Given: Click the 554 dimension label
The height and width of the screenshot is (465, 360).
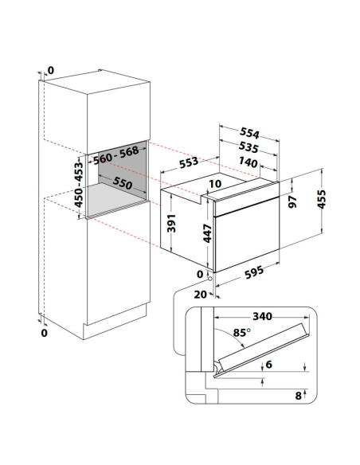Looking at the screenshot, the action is [x=249, y=133].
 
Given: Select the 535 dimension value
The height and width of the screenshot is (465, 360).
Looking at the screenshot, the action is [x=248, y=147].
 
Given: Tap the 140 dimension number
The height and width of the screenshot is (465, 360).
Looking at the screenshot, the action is [x=248, y=162].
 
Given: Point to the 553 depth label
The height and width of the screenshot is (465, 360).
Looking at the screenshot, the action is [x=189, y=162].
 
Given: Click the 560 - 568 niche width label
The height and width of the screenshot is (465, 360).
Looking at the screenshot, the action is [x=116, y=154].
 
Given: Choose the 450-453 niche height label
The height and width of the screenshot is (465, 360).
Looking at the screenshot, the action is [x=79, y=185].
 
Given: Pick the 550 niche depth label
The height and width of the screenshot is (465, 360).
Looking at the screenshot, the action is [x=122, y=182].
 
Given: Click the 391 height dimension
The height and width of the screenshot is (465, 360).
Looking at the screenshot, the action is [x=171, y=223].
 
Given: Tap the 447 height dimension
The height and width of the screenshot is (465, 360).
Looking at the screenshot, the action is [x=207, y=233].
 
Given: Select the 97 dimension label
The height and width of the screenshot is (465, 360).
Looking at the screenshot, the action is [x=292, y=201].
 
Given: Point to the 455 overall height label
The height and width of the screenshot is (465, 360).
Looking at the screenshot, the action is [x=322, y=199].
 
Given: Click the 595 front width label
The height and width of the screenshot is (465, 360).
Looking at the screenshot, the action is [x=254, y=272].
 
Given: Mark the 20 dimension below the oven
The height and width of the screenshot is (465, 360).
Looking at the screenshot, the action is [x=201, y=294].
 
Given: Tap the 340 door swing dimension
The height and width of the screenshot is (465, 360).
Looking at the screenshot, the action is [x=263, y=316].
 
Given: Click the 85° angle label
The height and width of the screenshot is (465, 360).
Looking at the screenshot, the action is [x=241, y=333].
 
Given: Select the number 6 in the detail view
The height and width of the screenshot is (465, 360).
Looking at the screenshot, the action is [x=269, y=364].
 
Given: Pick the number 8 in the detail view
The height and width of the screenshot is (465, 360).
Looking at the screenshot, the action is [x=299, y=396].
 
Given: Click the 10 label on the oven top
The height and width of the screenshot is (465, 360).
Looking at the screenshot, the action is [x=215, y=184].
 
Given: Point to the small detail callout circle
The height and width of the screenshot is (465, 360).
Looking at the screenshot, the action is [x=210, y=279].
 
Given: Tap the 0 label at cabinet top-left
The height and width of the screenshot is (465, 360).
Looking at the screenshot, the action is [x=51, y=71].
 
